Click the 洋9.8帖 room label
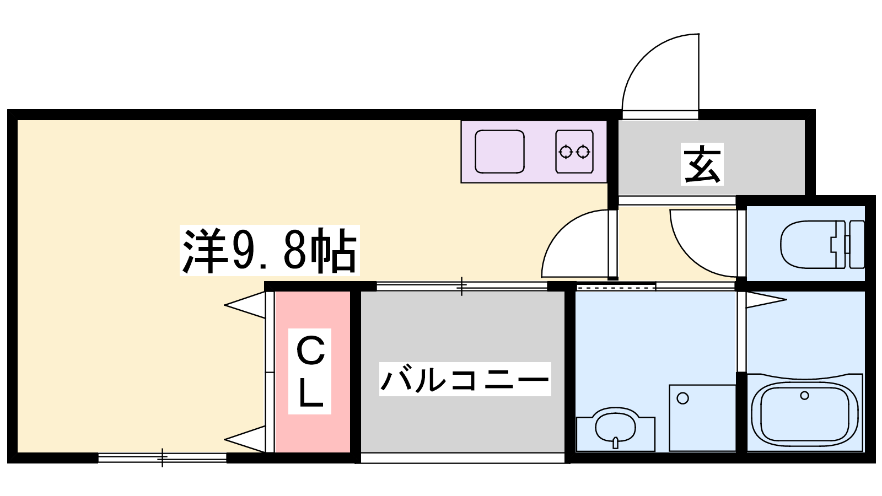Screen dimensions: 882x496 click(270, 250)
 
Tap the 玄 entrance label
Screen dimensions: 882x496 click(702, 164)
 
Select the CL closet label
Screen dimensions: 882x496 click(310, 371)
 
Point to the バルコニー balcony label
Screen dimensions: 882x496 click(465, 379)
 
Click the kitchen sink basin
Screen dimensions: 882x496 click(499, 152)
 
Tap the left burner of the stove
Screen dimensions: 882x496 click(566, 152)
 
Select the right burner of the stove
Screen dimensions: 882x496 click(583, 152)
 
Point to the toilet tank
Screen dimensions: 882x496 click(857, 245)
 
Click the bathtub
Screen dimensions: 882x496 click(805, 413)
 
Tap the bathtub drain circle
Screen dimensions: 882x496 click(805, 396)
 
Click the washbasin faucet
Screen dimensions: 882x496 click(615, 443)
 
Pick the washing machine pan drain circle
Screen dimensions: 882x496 click(683, 398)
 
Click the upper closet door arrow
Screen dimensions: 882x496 click(245, 305)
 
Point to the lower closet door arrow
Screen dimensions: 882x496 click(245, 439)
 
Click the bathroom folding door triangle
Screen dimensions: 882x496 click(766, 300)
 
